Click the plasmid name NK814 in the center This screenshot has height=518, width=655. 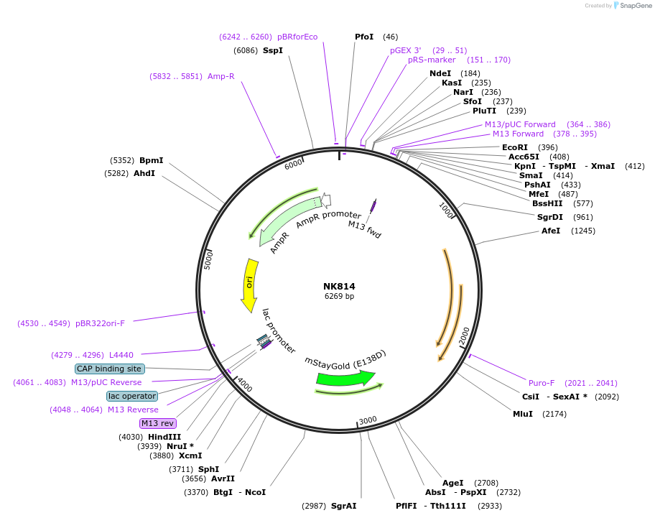point(339,286)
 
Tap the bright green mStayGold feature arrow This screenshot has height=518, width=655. point(345,378)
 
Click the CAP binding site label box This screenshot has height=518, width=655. point(110,369)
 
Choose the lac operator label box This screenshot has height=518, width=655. point(132,396)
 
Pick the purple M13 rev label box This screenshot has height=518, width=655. point(158,423)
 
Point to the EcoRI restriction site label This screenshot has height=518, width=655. point(515,147)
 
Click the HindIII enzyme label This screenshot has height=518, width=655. point(164,437)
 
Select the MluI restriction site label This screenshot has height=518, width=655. point(523,414)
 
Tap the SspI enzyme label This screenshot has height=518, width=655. point(273,50)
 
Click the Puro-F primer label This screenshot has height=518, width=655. point(542,383)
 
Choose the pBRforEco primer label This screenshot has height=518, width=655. point(297,37)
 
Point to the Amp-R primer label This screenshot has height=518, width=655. point(221,76)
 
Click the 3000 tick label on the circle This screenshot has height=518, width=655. point(368,420)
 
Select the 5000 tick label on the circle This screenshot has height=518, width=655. point(208,260)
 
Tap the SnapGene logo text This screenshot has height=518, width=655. point(635,6)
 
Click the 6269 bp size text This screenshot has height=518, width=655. point(339,296)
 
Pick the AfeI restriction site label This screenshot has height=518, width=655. point(551,231)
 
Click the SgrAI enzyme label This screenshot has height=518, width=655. point(344,506)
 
